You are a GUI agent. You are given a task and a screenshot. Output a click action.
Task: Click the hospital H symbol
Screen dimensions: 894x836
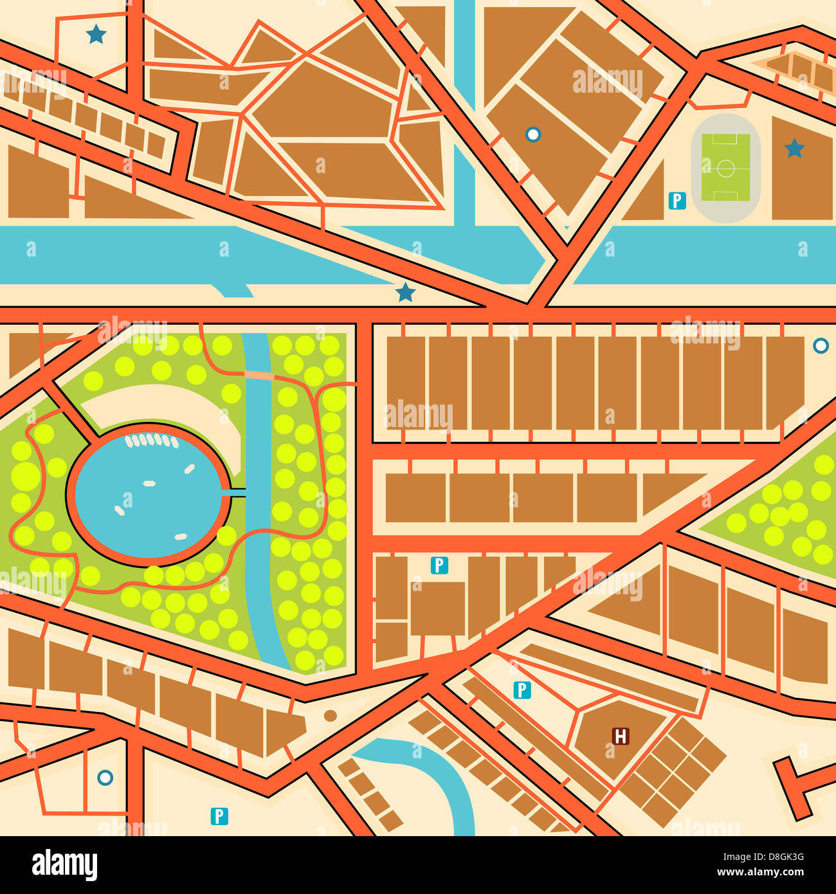(x=621, y=736)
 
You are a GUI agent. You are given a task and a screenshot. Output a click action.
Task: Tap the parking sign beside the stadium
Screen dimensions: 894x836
(x=677, y=201)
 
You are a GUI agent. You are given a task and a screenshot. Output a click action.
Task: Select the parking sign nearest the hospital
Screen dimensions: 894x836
(x=522, y=690)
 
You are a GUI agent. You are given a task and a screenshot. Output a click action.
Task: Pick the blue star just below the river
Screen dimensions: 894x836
(x=405, y=293)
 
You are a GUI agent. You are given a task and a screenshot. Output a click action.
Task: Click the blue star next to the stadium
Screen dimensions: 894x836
(x=794, y=149)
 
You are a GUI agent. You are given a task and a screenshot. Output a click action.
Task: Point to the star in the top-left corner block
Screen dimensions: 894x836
(x=96, y=34)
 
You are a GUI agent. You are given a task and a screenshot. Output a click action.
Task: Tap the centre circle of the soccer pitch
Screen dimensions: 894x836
(x=725, y=169)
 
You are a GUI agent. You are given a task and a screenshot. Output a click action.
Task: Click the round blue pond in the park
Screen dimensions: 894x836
(x=148, y=495)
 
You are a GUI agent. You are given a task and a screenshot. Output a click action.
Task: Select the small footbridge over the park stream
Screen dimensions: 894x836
(x=259, y=375)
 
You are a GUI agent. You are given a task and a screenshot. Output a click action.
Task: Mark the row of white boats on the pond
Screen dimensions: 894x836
(x=151, y=441)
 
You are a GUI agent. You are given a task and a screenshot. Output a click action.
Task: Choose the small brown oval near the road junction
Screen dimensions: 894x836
(x=330, y=716)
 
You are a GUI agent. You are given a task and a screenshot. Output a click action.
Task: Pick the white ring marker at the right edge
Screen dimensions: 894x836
(x=821, y=345)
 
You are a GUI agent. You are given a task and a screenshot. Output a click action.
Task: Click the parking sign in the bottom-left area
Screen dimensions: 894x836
(x=219, y=816)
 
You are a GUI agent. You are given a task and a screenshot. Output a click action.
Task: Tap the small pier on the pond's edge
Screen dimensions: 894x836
(x=237, y=493)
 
